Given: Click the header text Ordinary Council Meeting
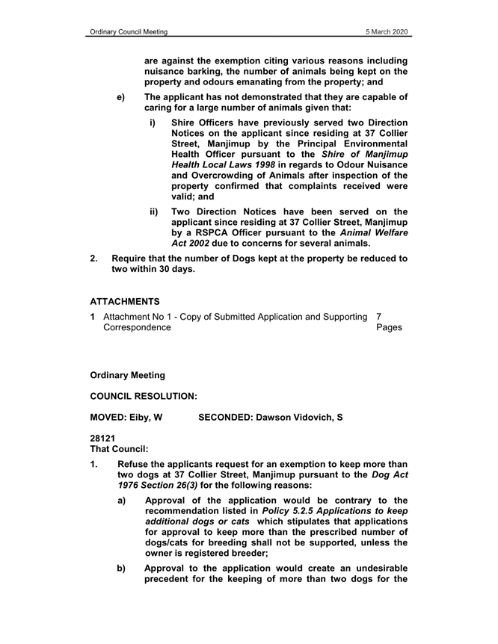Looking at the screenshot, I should [127, 32].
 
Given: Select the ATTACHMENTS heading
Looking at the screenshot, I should [125, 301].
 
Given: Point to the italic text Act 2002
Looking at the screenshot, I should [193, 244].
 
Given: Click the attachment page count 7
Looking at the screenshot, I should [380, 317].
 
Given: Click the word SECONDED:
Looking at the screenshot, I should [225, 418].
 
